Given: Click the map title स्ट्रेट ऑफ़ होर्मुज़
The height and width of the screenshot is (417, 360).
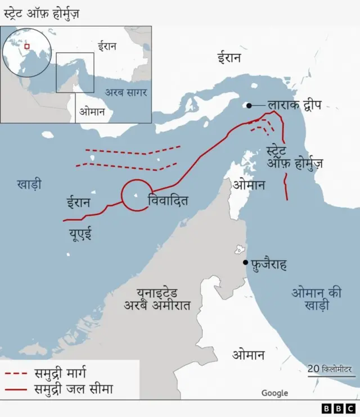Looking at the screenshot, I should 42,12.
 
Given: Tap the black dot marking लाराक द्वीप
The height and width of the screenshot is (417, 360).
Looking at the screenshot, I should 249,105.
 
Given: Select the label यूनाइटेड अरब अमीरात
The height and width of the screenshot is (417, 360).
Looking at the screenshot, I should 158,299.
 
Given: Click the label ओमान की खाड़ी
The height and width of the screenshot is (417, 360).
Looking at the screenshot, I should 317,299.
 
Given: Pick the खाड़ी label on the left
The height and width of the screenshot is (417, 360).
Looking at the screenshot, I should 29,184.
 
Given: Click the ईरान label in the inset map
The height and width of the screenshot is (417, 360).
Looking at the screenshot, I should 107,46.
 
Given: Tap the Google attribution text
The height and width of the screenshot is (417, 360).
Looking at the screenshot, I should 274,393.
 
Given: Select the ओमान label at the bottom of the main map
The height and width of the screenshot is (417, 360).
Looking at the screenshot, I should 248,355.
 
